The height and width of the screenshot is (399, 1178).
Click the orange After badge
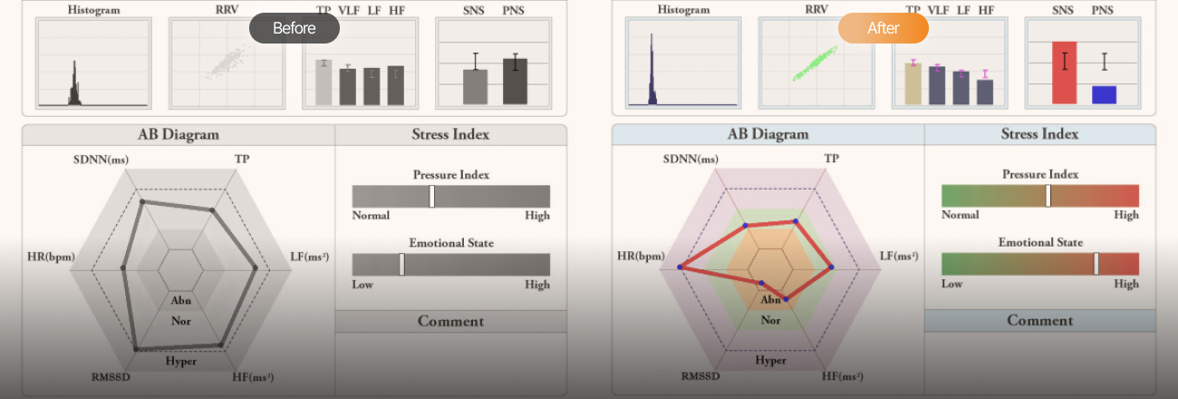pyautogui.click(x=883, y=28)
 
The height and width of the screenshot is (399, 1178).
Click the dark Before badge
pyautogui.click(x=294, y=28)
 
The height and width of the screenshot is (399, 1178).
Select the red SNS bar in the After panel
pyautogui.click(x=1064, y=73)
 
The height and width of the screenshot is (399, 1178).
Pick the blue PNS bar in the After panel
pyautogui.click(x=1104, y=94)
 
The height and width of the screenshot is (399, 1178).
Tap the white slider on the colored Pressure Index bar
pyautogui.click(x=1048, y=196)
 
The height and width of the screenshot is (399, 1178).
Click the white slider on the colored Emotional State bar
pyautogui.click(x=1096, y=264)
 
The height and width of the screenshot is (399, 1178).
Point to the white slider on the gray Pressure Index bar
pyautogui.click(x=432, y=197)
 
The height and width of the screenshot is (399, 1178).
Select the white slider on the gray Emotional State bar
pyautogui.click(x=402, y=265)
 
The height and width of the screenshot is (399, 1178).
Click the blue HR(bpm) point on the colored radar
pyautogui.click(x=680, y=267)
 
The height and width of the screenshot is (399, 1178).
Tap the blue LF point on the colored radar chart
pyautogui.click(x=831, y=268)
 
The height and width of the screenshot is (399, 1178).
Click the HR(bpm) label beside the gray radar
pyautogui.click(x=51, y=257)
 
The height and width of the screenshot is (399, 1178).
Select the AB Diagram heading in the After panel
pyautogui.click(x=768, y=134)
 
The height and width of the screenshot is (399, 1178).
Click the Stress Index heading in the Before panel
pyautogui.click(x=450, y=134)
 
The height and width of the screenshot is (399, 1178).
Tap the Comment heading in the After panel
pyautogui.click(x=1039, y=320)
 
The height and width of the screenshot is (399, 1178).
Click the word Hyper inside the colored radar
pyautogui.click(x=770, y=360)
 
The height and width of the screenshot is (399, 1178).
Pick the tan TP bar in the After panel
pyautogui.click(x=913, y=83)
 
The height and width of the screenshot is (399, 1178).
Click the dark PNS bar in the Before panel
pyautogui.click(x=515, y=82)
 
